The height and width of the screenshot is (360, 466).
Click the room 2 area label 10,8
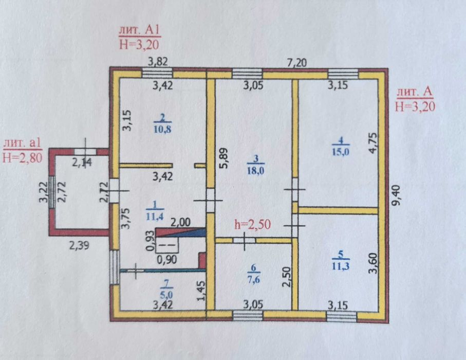[x=162, y=129]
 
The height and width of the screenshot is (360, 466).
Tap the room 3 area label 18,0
[x=255, y=170]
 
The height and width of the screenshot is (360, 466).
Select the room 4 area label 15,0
[x=341, y=152]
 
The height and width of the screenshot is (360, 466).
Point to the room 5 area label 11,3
[x=341, y=266]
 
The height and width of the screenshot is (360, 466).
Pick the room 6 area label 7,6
[x=253, y=279]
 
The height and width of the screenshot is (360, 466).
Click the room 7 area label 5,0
[x=166, y=295]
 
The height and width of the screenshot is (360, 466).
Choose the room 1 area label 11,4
[x=155, y=217]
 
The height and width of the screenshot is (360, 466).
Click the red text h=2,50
[x=253, y=224]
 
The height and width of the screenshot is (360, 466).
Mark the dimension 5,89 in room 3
[x=225, y=158]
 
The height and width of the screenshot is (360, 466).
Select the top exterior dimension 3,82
[x=158, y=62]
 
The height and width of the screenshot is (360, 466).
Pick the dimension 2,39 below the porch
[x=79, y=245]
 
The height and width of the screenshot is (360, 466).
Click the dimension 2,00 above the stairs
[x=181, y=222]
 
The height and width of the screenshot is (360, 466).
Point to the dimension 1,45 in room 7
[x=201, y=291]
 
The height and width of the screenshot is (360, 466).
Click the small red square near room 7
[x=202, y=261]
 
